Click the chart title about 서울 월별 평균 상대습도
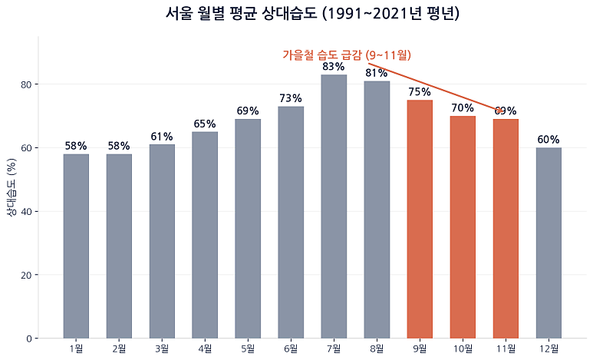[312, 14]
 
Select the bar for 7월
[334, 206]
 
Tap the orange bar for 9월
[420, 220]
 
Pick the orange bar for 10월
[463, 227]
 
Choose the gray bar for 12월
[549, 243]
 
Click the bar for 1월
[76, 246]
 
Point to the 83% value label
[334, 67]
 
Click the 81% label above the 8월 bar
[377, 73]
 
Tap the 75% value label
[420, 92]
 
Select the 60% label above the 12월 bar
[549, 140]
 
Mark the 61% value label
[162, 137]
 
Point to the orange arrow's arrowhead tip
[503, 111]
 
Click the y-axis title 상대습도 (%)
[12, 187]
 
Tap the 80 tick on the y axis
[26, 84]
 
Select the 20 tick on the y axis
[26, 275]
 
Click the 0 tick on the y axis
[29, 339]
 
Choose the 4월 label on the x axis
[205, 348]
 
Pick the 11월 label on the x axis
[506, 348]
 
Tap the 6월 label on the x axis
[291, 348]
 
